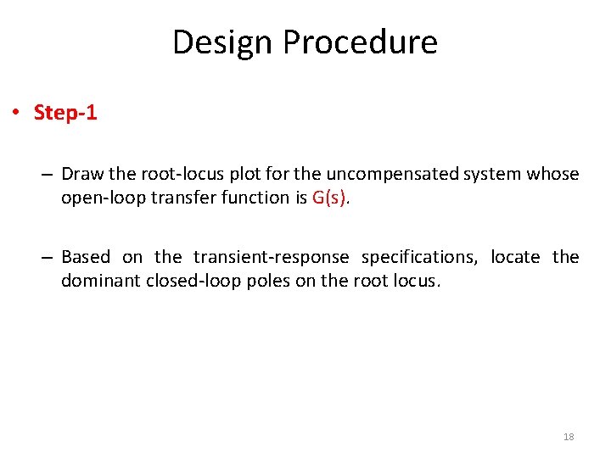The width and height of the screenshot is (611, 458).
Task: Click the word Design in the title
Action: click(x=223, y=42)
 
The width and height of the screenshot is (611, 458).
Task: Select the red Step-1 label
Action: click(x=65, y=113)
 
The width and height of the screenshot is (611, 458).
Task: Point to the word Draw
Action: click(x=82, y=175)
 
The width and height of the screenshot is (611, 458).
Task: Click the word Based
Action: click(x=86, y=257)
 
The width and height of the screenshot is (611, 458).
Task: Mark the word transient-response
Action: click(x=271, y=257)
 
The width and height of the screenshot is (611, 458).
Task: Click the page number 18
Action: click(x=569, y=437)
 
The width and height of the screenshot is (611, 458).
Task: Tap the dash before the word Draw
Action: click(x=48, y=175)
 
